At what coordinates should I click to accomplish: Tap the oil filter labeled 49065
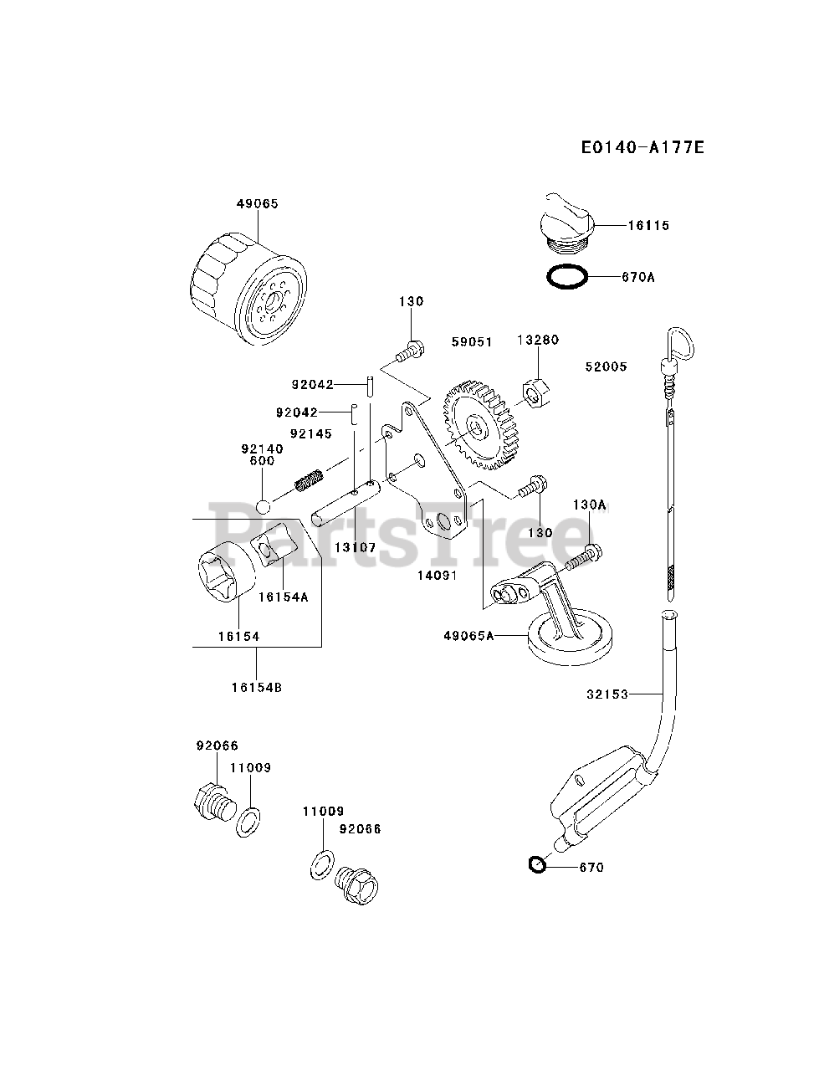[249, 290]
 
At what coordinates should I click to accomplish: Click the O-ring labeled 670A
[567, 277]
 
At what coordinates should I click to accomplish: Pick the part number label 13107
[356, 548]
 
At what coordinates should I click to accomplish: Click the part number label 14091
[438, 576]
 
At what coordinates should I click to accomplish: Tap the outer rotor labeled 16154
[226, 574]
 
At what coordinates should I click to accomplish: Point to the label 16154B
[257, 688]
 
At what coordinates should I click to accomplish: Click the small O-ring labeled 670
[536, 865]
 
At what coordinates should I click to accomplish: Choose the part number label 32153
[606, 694]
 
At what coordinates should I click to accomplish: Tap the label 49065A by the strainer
[468, 636]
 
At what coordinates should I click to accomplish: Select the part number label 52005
[606, 366]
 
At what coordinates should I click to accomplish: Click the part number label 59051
[471, 342]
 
